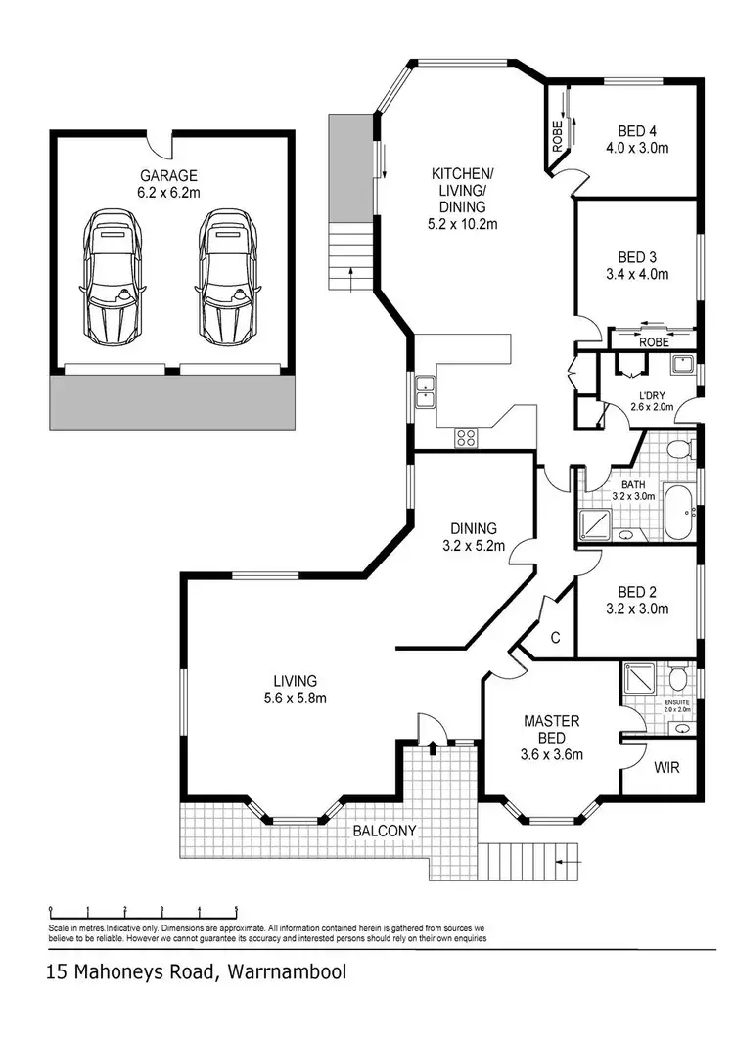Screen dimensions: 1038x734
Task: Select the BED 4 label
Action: [636, 130]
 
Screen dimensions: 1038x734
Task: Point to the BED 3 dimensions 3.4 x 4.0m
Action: [636, 274]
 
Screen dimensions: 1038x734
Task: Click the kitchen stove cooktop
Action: [466, 438]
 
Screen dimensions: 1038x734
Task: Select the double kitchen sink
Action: [425, 391]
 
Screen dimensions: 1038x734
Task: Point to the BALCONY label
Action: [386, 832]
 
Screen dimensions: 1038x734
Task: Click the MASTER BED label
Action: [551, 721]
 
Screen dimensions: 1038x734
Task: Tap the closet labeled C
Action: [554, 638]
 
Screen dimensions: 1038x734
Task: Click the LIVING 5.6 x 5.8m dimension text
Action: [295, 698]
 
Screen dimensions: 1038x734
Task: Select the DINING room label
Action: [474, 528]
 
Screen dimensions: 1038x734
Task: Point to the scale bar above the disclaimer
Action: [143, 910]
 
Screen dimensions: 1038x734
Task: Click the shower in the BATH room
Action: [592, 524]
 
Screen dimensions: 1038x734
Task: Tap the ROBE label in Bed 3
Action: [653, 342]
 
